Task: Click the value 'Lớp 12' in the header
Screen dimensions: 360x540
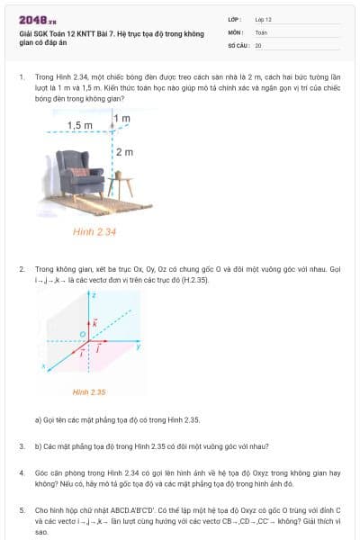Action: [263, 18]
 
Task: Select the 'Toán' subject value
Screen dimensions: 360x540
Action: [261, 31]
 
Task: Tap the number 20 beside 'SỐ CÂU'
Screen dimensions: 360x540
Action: [258, 44]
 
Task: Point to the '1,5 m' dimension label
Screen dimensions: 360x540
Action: [80, 125]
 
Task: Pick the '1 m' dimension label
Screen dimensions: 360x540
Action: [122, 118]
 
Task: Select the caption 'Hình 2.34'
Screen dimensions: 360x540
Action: [94, 231]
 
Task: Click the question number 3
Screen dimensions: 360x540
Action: [22, 446]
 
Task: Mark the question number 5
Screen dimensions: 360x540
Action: [22, 510]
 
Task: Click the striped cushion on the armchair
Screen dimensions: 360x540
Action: [80, 171]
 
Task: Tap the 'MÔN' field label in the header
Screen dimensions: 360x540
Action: [236, 31]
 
